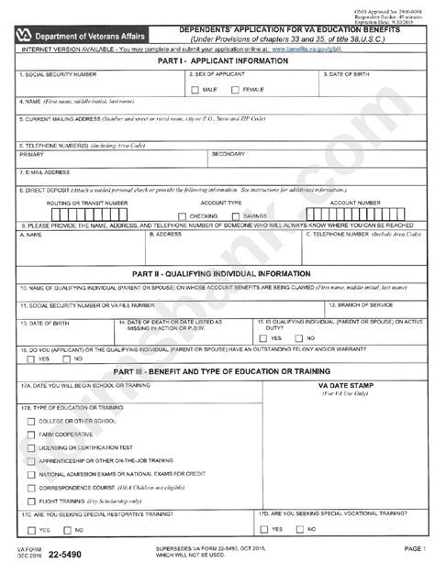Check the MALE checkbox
click(195, 90)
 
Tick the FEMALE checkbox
click(236, 90)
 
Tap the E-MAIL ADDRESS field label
click(45, 171)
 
